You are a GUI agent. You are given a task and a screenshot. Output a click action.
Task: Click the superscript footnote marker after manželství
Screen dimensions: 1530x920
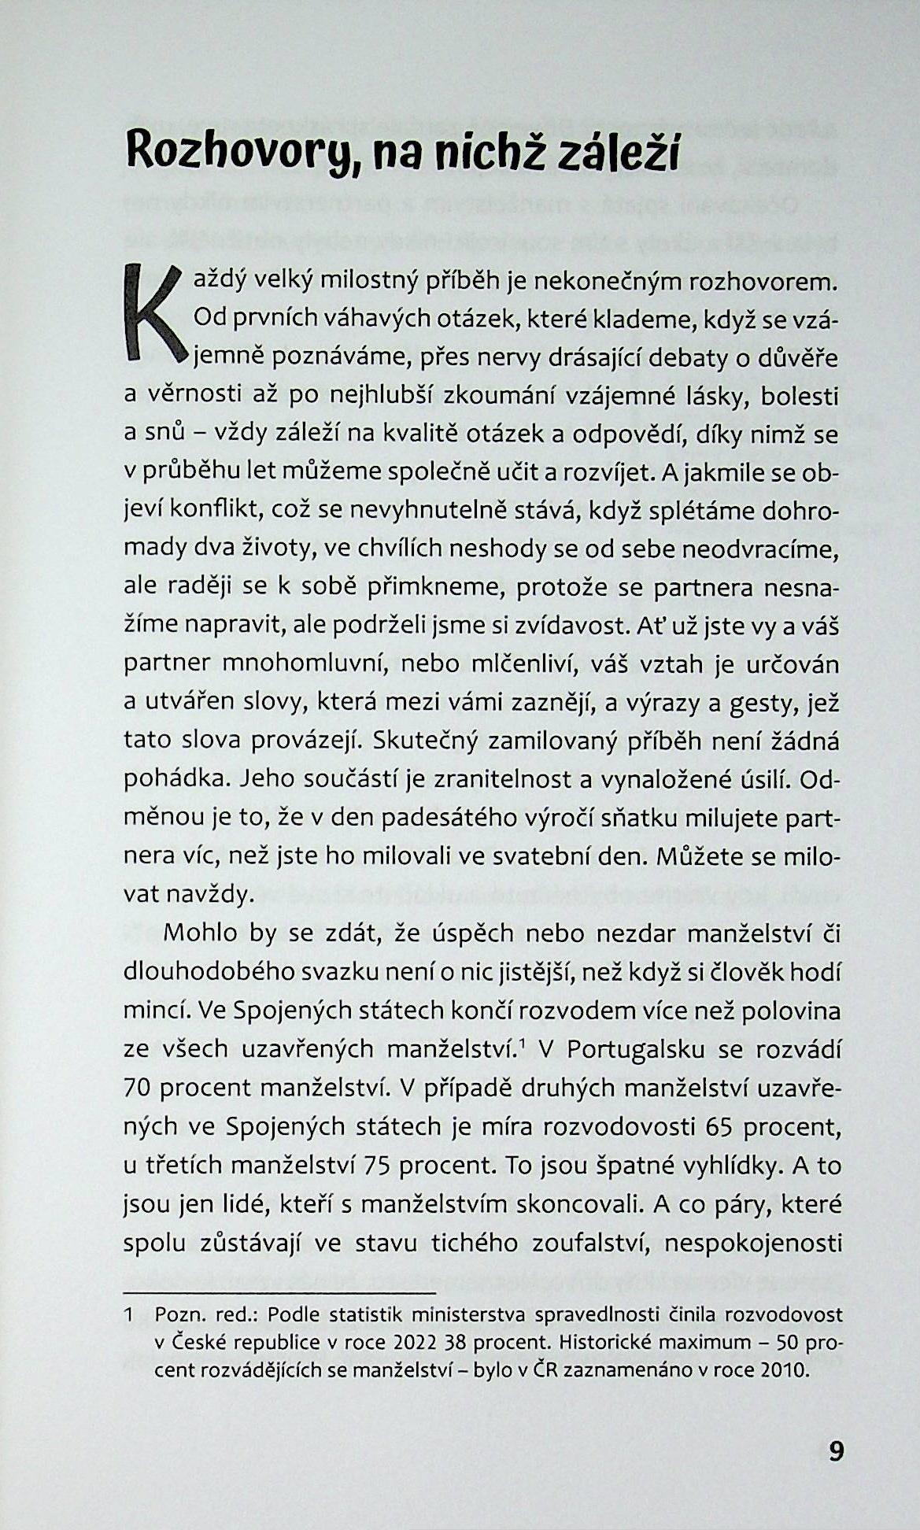(523, 1044)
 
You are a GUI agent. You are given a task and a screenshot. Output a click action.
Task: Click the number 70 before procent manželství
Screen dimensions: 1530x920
(139, 1088)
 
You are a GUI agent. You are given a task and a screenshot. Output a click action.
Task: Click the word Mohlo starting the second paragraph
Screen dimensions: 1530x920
(201, 933)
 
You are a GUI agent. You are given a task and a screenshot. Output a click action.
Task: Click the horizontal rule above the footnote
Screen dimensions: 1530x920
(279, 1293)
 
